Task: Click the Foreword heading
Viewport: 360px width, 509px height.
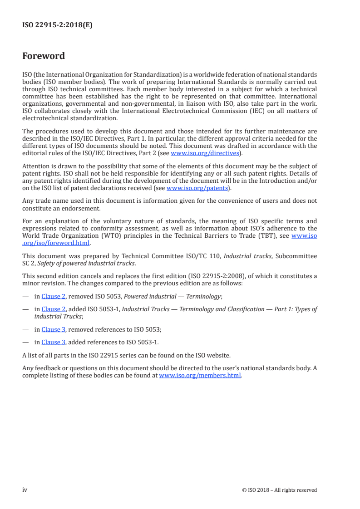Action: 44,56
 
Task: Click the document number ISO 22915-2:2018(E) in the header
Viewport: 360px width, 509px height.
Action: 57,25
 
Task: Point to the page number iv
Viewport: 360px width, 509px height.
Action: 25,489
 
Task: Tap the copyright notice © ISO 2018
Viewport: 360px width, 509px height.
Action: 280,490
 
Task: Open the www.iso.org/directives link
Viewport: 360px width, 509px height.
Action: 205,153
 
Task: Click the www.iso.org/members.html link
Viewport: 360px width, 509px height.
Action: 200,376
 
